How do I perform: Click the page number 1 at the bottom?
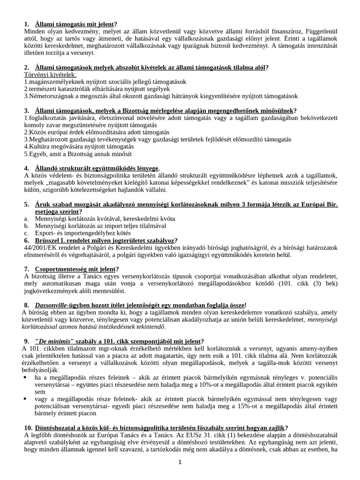click(180, 462)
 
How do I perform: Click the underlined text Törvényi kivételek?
click(50, 75)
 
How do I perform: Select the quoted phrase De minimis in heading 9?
click(58, 341)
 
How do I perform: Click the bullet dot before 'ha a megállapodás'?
click(26, 376)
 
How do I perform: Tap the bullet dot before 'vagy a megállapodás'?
click(26, 398)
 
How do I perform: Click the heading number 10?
click(28, 427)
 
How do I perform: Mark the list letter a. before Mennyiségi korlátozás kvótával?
click(26, 219)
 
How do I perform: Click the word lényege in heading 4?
click(145, 168)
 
